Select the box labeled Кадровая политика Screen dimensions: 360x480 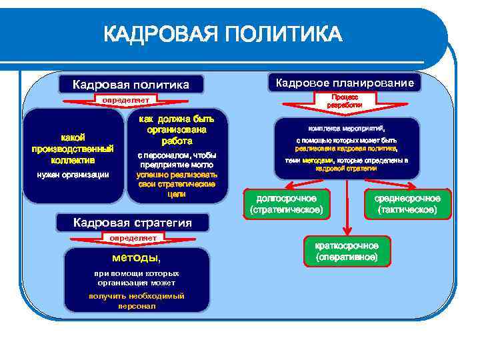pos(131,84)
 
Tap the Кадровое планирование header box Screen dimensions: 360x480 pos(344,83)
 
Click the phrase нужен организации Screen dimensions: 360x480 pos(73,175)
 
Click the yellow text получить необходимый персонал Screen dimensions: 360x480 pos(137,301)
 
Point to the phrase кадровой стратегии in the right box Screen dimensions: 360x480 pos(347,169)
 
